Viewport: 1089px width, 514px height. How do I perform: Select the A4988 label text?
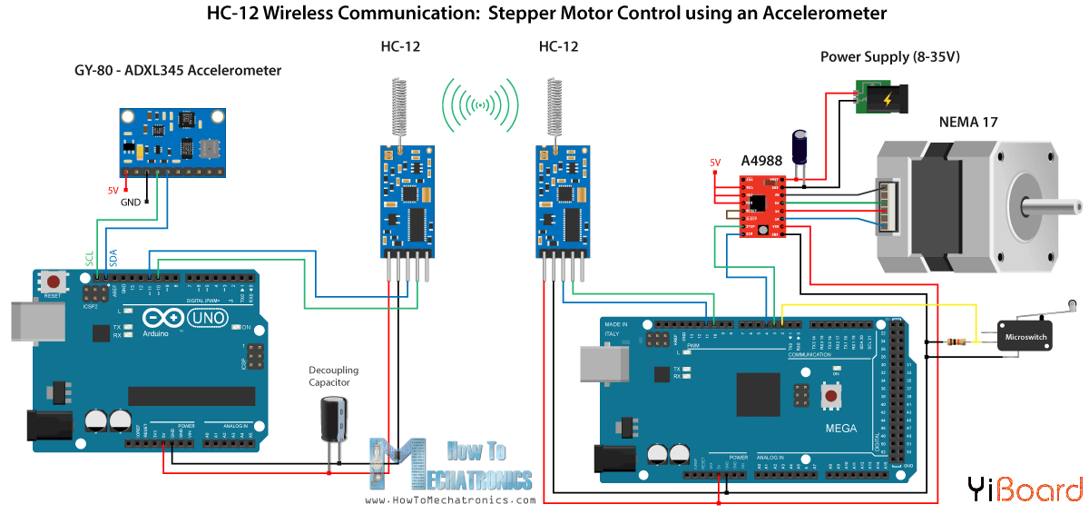[761, 161]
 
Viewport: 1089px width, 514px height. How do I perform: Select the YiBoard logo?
[1024, 489]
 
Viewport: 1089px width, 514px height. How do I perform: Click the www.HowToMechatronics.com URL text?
[449, 500]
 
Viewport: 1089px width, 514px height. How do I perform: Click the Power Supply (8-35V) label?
[889, 56]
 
